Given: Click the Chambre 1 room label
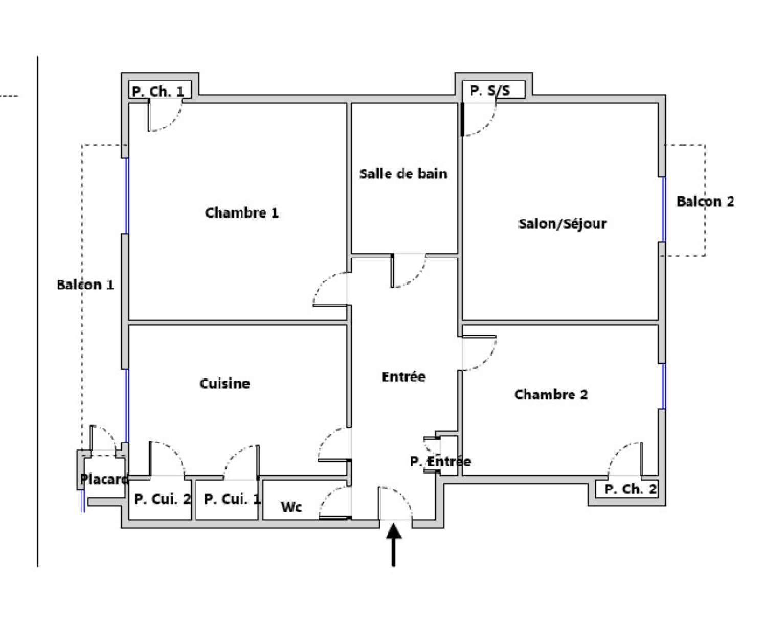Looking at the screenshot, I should (242, 212).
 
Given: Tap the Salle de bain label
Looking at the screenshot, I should (403, 174).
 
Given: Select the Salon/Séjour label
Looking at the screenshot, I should (562, 224).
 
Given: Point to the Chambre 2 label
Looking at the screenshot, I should (551, 394).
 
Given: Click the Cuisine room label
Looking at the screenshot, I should (224, 383).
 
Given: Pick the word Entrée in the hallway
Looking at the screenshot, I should (403, 377).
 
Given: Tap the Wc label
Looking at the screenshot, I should (291, 507).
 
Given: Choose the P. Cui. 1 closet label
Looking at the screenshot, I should (232, 499).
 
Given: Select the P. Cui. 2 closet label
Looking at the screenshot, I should (162, 499).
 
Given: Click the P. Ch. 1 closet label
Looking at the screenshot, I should (158, 91).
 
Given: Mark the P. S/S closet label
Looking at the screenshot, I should (490, 90).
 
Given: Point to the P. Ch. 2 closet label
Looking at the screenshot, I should (630, 489).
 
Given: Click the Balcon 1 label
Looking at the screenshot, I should (85, 285).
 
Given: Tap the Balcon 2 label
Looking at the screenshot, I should (705, 201).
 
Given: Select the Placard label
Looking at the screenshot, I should (104, 479).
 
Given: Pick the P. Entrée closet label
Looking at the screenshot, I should (440, 461).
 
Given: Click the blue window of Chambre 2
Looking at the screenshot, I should (663, 386).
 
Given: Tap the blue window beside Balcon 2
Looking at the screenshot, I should (663, 209).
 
